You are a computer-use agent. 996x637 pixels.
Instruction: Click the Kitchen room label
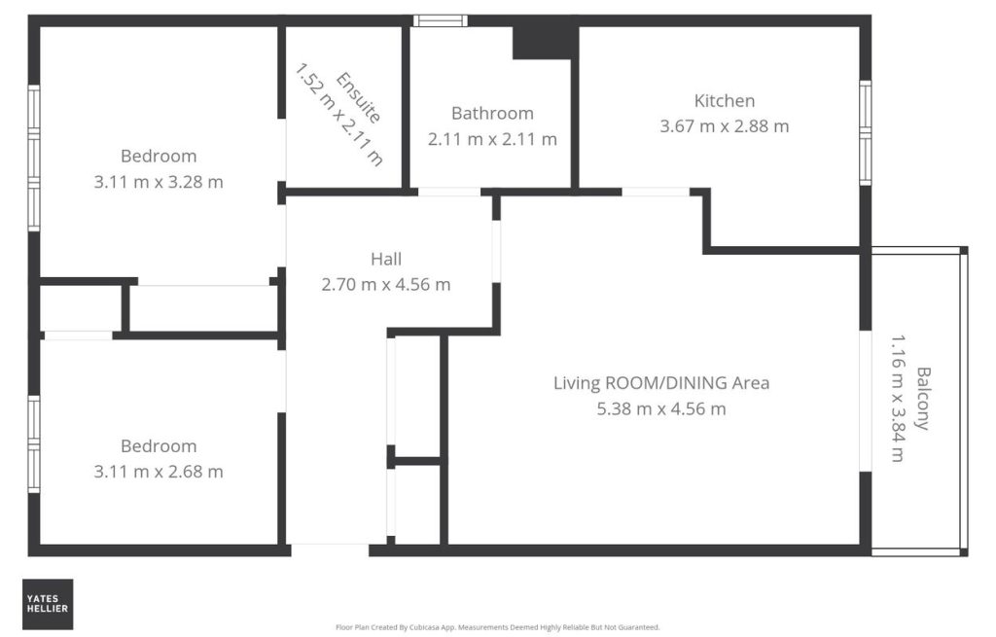click(724, 101)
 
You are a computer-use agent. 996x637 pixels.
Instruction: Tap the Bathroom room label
click(492, 114)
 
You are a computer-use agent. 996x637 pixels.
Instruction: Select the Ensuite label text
click(359, 97)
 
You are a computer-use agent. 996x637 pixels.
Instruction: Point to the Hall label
click(386, 259)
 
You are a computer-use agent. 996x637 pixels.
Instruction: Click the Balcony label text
click(923, 398)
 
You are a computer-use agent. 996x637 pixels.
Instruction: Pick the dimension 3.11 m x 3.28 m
click(159, 182)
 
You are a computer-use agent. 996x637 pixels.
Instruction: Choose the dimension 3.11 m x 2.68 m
click(159, 472)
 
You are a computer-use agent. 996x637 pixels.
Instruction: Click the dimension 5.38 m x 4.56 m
click(661, 409)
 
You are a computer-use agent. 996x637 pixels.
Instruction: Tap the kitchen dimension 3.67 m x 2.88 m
click(724, 126)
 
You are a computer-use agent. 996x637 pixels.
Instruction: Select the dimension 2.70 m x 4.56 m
click(386, 285)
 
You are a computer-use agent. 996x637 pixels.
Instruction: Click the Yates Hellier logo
click(48, 604)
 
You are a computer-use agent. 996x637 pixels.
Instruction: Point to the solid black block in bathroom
click(545, 43)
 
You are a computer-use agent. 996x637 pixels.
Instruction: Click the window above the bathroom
click(441, 21)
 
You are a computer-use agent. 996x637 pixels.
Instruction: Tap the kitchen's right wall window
click(865, 132)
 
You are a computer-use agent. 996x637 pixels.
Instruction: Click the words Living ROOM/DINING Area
click(661, 383)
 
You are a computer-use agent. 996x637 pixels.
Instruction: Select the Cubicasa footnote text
click(497, 627)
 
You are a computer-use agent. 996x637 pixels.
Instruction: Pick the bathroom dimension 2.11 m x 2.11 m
click(492, 139)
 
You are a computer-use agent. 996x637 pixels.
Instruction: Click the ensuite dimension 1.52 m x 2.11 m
click(339, 115)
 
